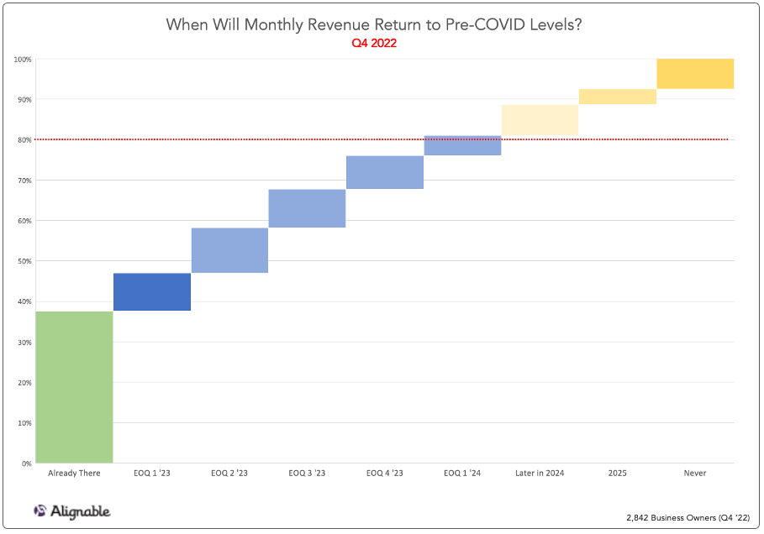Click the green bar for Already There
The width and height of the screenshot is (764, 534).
point(74,387)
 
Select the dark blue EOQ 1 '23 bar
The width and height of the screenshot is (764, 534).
point(152,291)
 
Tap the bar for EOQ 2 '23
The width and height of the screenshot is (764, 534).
point(229,250)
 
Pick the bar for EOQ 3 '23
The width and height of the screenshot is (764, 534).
point(307,208)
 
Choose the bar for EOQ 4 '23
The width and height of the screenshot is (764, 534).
point(385,172)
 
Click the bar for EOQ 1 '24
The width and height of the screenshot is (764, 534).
point(462,145)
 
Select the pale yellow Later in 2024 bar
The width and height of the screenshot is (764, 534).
point(540,120)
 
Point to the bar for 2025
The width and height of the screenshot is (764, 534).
point(618,97)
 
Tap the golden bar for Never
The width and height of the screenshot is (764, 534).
point(695,74)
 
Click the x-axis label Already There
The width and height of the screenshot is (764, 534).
point(74,474)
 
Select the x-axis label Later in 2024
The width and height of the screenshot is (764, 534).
point(540,474)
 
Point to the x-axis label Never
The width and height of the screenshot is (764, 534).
point(695,474)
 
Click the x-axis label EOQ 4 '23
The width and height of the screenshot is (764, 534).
point(385,474)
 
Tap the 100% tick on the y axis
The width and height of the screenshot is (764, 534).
point(23,60)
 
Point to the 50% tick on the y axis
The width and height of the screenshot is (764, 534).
point(24,261)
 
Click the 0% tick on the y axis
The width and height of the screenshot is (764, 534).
point(26,463)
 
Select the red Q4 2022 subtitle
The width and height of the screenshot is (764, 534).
point(374,44)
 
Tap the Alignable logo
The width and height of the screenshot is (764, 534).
point(71,510)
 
